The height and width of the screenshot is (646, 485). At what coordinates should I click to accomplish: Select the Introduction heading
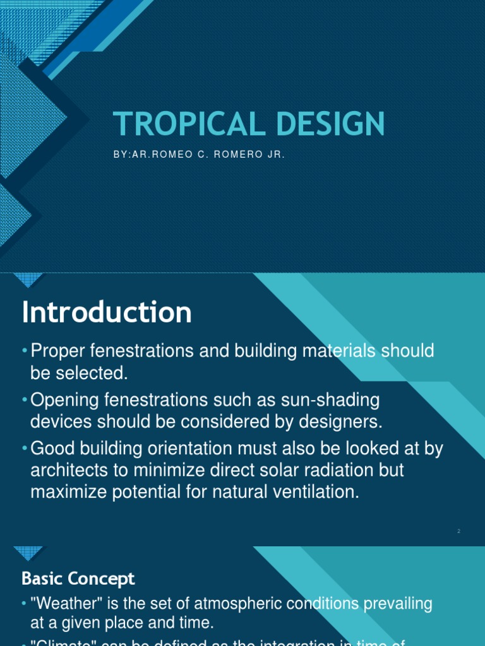point(107,312)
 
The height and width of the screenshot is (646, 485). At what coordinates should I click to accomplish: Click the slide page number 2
point(459,531)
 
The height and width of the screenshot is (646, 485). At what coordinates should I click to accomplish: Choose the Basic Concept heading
point(78,578)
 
